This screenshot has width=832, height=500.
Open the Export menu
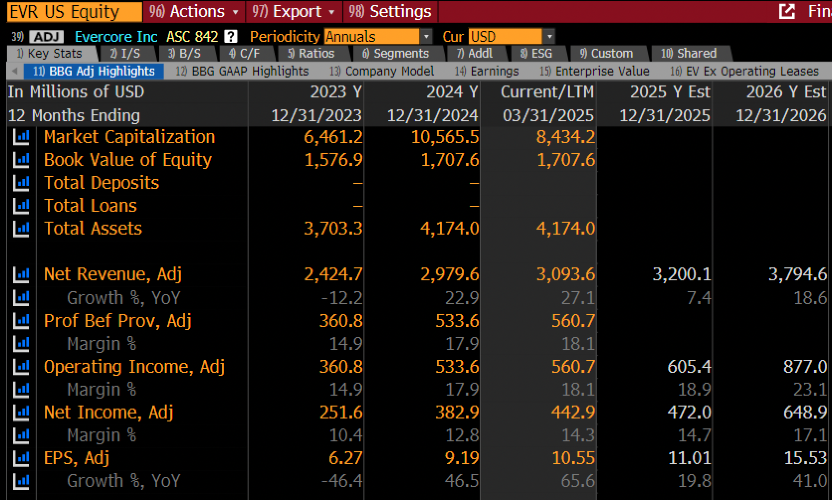tap(294, 11)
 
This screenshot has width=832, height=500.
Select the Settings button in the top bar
tap(390, 11)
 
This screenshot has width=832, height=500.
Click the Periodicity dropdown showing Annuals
tap(378, 36)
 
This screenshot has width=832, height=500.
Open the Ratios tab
tap(312, 53)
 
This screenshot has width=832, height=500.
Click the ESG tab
tap(536, 53)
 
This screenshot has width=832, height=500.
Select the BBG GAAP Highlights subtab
tap(242, 71)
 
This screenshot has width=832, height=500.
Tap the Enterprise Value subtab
tap(594, 71)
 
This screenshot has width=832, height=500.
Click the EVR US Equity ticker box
tap(74, 11)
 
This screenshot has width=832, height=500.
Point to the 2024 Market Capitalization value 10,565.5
tap(445, 137)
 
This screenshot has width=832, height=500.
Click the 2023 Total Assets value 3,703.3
tap(333, 229)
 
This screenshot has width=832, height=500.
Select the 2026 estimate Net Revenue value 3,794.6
tap(798, 274)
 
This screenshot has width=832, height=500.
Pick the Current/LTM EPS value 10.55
tap(573, 458)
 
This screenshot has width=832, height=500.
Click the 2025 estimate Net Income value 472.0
tap(689, 412)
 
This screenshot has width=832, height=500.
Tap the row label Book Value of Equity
tap(128, 160)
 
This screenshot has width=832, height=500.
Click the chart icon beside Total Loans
tap(21, 206)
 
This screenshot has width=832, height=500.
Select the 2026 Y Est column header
tap(786, 91)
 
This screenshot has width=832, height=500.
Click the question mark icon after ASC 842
tap(231, 36)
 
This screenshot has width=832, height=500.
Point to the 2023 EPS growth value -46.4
tap(342, 481)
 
